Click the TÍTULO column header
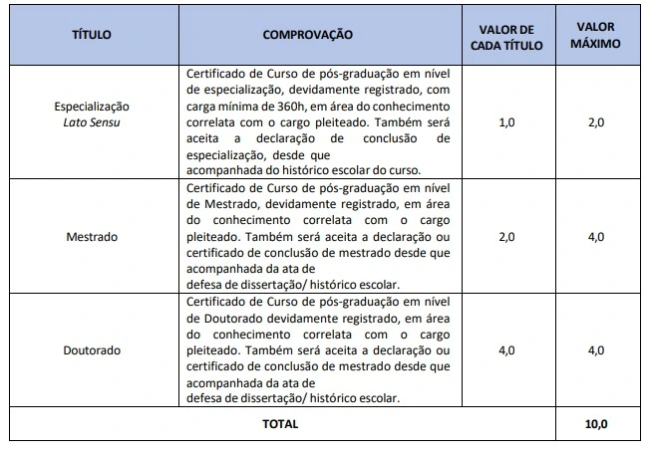[x=92, y=35]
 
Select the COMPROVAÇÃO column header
[x=308, y=35]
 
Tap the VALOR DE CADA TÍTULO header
[x=506, y=35]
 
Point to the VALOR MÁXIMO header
[x=597, y=35]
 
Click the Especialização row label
[x=92, y=106]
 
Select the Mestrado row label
[x=92, y=238]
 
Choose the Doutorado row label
[x=92, y=351]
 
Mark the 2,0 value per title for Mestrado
[x=506, y=238]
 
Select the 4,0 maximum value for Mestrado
[x=597, y=238]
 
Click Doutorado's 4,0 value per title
[x=506, y=351]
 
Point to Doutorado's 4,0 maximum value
[x=597, y=351]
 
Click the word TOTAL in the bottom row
[x=280, y=424]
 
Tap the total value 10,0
[x=597, y=424]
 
